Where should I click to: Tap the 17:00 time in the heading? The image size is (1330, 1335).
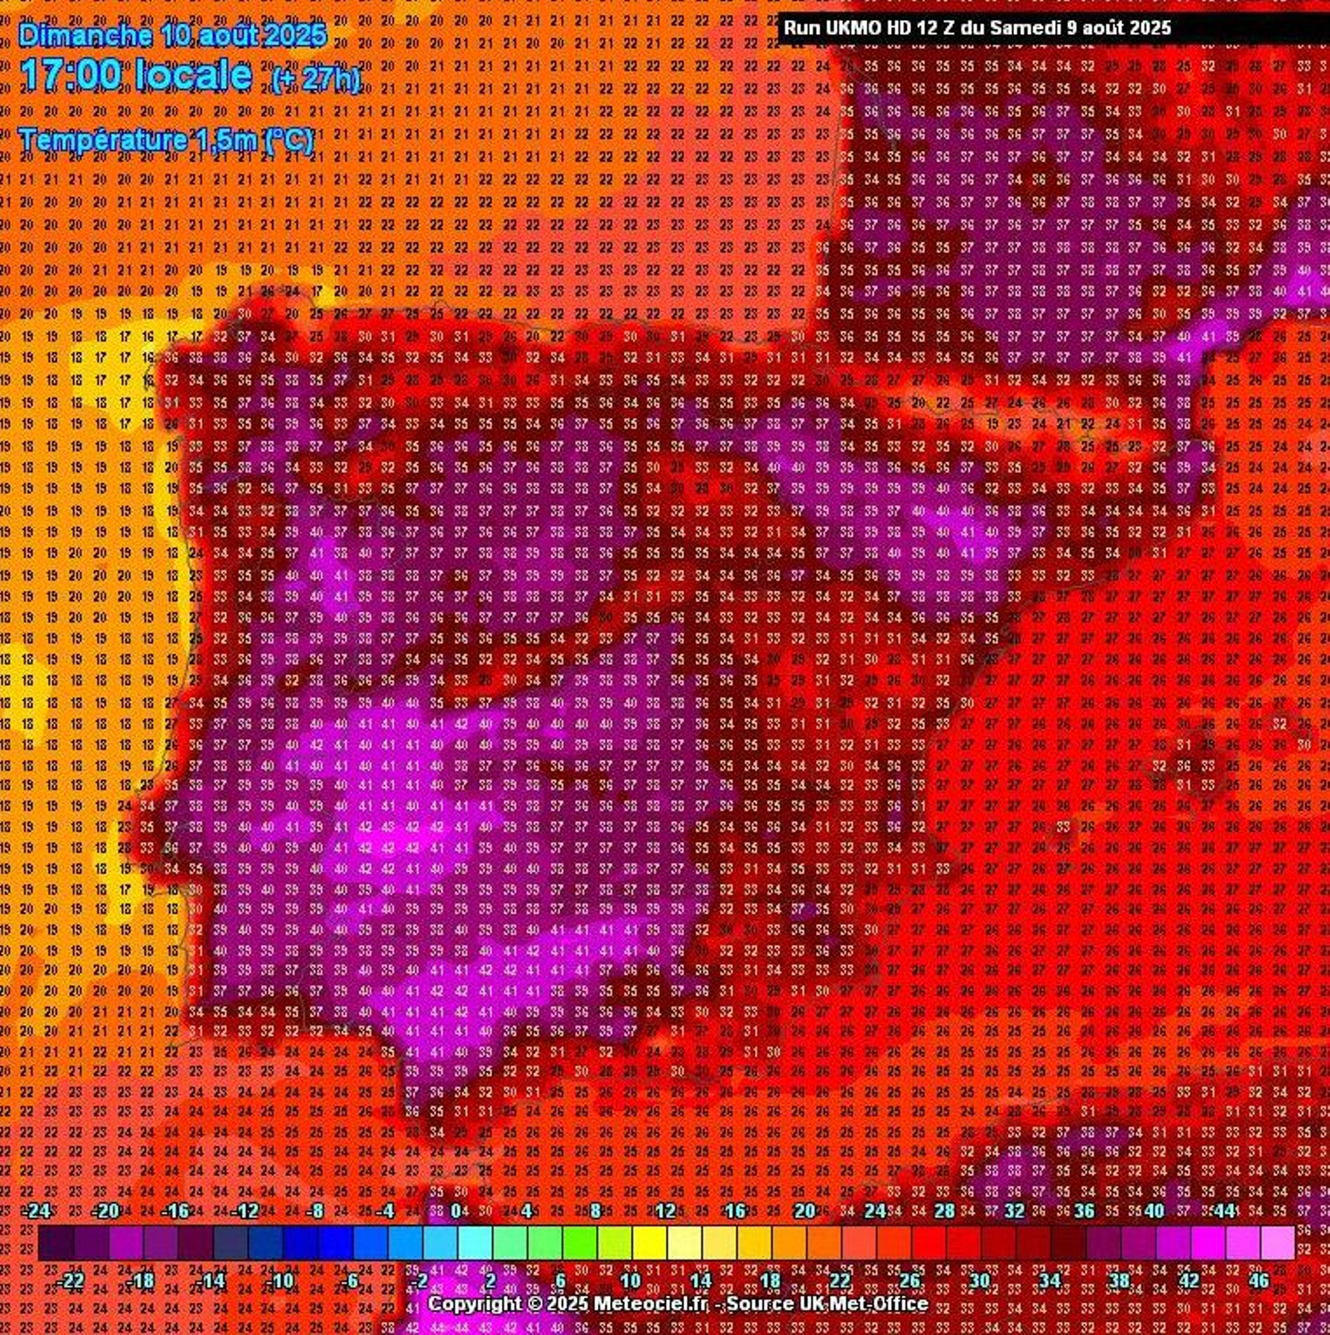click(71, 75)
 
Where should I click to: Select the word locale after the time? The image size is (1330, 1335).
click(193, 75)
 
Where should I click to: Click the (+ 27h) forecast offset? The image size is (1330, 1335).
click(316, 79)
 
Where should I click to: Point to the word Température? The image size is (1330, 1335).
click(102, 140)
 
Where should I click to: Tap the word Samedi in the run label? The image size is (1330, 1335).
click(1025, 27)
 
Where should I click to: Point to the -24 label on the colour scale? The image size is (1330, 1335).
click(37, 1210)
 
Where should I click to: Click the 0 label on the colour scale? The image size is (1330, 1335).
click(456, 1210)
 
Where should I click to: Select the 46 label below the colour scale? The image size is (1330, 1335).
click(1259, 1280)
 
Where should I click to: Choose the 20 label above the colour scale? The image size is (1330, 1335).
click(804, 1210)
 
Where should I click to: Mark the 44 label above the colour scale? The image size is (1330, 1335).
click(1224, 1210)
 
